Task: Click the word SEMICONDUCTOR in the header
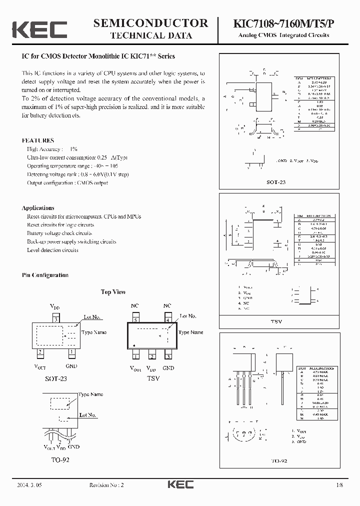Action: (x=150, y=23)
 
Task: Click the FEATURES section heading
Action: (x=37, y=140)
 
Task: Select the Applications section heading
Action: (x=38, y=207)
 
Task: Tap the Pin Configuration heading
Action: (x=45, y=275)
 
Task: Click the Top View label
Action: (x=113, y=292)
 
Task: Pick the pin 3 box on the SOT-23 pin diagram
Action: (x=56, y=318)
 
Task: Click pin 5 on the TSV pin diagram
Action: (x=135, y=319)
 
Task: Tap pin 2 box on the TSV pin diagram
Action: (x=151, y=356)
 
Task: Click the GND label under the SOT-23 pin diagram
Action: (x=72, y=366)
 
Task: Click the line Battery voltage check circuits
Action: (x=59, y=233)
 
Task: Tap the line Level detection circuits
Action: (x=52, y=250)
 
